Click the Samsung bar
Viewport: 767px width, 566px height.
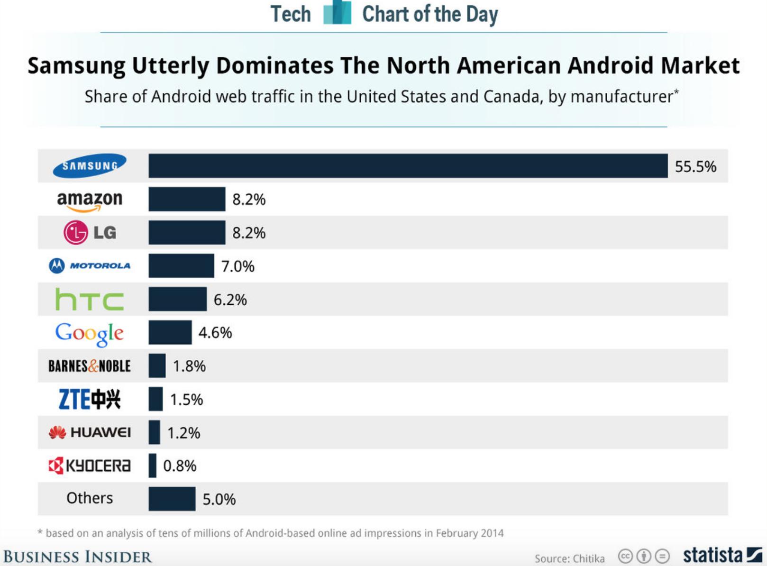[x=408, y=166]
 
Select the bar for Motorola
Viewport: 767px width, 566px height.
[x=181, y=266]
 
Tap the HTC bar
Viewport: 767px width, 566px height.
[x=177, y=299]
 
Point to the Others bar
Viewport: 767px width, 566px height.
[x=172, y=499]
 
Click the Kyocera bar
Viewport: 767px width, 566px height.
[x=152, y=466]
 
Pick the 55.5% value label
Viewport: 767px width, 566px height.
[x=695, y=166]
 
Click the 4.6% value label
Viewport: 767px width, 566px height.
[x=215, y=333]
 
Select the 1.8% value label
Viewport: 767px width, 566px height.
[x=189, y=366]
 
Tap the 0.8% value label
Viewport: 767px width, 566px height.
[x=180, y=466]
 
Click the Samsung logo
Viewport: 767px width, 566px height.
[x=90, y=165]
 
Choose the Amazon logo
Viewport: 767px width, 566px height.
[x=90, y=200]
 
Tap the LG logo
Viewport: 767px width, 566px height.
[x=90, y=232]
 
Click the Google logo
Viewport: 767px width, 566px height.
[x=90, y=333]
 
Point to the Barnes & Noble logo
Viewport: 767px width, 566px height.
[x=90, y=366]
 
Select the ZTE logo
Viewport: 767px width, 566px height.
[x=90, y=399]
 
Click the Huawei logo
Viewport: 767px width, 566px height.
[x=90, y=432]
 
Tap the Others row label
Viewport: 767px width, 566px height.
[x=90, y=498]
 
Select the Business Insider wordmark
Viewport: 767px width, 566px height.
[x=77, y=557]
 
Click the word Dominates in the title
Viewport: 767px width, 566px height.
[x=275, y=65]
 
